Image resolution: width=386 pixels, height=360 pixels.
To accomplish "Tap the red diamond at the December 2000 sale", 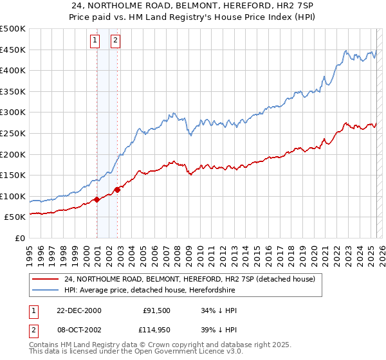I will pyautogui.click(x=97, y=199).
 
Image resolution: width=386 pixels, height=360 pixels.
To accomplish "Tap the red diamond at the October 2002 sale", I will pyautogui.click(x=118, y=190).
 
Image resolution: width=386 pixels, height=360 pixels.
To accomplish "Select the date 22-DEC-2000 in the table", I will pyautogui.click(x=79, y=310).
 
